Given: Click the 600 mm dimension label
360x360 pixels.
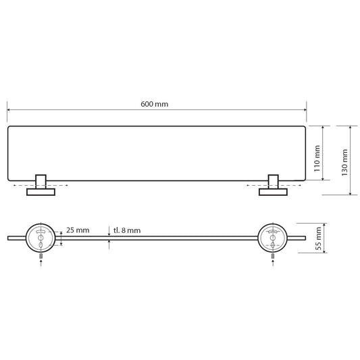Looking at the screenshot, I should point(154,104).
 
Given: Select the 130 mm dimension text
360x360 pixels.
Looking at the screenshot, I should point(344,160).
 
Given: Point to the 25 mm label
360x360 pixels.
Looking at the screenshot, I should point(79,230).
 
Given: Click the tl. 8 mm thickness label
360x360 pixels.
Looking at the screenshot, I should point(127,230).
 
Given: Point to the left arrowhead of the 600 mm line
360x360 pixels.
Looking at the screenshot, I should point(9,110).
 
